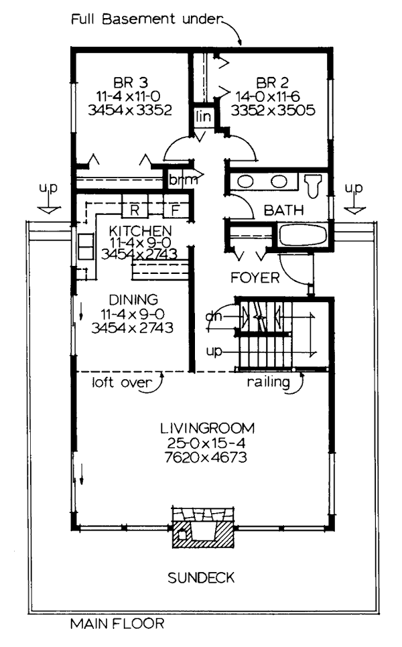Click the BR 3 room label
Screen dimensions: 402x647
[x=131, y=82]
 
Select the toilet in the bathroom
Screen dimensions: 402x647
[x=314, y=185]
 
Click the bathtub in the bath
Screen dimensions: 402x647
[x=304, y=235]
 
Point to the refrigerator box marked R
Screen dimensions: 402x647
[x=135, y=210]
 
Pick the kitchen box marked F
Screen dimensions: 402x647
[x=176, y=210]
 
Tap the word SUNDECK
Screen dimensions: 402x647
[x=201, y=577]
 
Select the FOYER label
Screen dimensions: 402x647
[x=255, y=278]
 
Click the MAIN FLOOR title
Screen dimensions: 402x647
[x=117, y=623]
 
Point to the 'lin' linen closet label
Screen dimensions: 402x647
[x=204, y=117]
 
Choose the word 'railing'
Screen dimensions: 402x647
[x=268, y=382]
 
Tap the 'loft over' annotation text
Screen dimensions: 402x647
[x=122, y=382]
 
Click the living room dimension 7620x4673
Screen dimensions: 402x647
[x=206, y=457]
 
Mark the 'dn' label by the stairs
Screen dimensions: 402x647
[x=214, y=317]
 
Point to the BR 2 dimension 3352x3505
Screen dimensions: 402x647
[x=273, y=111]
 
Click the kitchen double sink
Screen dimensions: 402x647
[x=86, y=246]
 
